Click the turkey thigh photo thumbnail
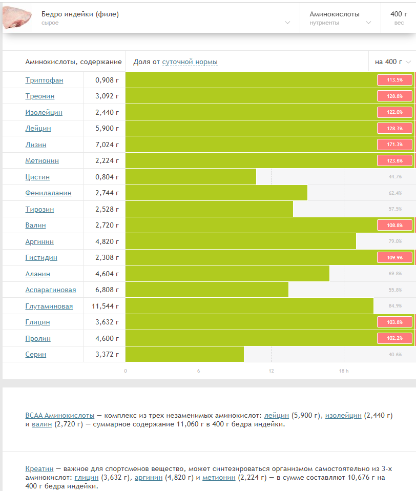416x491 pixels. pos(17,17)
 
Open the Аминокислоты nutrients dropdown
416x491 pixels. pos(340,18)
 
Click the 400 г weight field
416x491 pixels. pos(399,18)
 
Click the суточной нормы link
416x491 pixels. pos(190,62)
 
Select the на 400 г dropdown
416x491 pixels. pos(392,62)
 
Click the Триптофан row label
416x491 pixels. pos(44,80)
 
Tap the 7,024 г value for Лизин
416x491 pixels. pos(107,145)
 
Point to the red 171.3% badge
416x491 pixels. pos(394,145)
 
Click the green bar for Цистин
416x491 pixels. pos(191,177)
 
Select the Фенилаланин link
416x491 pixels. pos(48,193)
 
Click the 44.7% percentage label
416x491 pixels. pos(395,177)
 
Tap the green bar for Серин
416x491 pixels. pos(184,354)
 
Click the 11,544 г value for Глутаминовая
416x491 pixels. pos(105,306)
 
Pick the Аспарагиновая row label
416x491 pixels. pos(51,290)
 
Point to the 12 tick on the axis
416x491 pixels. pos(271,371)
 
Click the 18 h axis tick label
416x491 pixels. pos(344,371)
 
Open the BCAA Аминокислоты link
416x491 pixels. pos(60,416)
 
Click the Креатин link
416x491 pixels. pos(39,469)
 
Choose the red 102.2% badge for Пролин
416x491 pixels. pos(394,338)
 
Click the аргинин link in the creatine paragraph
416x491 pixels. pos(149,478)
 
